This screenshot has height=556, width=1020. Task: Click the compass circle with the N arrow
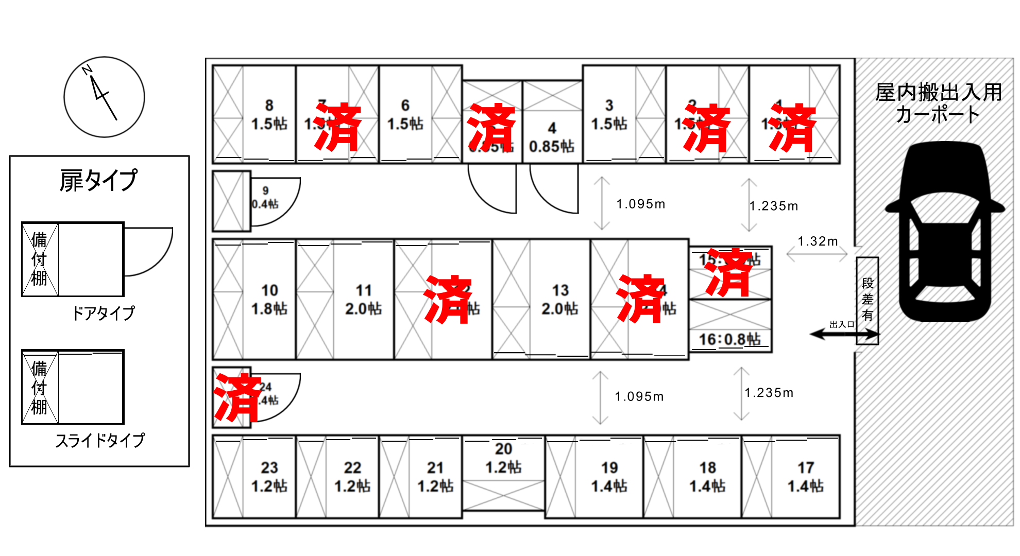(104, 97)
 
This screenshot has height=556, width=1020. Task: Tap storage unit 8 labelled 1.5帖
(269, 115)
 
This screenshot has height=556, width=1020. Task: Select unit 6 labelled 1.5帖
(405, 115)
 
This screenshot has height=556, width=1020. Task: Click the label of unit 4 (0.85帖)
(552, 137)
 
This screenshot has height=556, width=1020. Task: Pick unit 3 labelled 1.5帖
(609, 115)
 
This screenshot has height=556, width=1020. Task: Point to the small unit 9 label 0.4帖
(265, 198)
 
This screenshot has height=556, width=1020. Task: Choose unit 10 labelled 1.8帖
(269, 300)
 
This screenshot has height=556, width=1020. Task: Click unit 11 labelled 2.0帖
(363, 300)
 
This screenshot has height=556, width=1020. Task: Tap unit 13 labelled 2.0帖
(560, 300)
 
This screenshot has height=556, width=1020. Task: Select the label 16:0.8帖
(729, 339)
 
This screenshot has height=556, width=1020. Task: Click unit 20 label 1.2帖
(503, 458)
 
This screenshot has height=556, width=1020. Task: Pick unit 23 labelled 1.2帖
(269, 477)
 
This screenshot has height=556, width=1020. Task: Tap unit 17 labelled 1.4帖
(806, 477)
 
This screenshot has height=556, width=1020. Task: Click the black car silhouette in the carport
(945, 232)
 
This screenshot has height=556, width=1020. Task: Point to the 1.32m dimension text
(818, 241)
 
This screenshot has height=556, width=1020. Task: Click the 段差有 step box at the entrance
(868, 300)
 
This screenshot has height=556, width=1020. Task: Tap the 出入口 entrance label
(842, 324)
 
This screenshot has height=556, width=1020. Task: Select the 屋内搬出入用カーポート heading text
(938, 103)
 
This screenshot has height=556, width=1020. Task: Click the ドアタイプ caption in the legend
(103, 312)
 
